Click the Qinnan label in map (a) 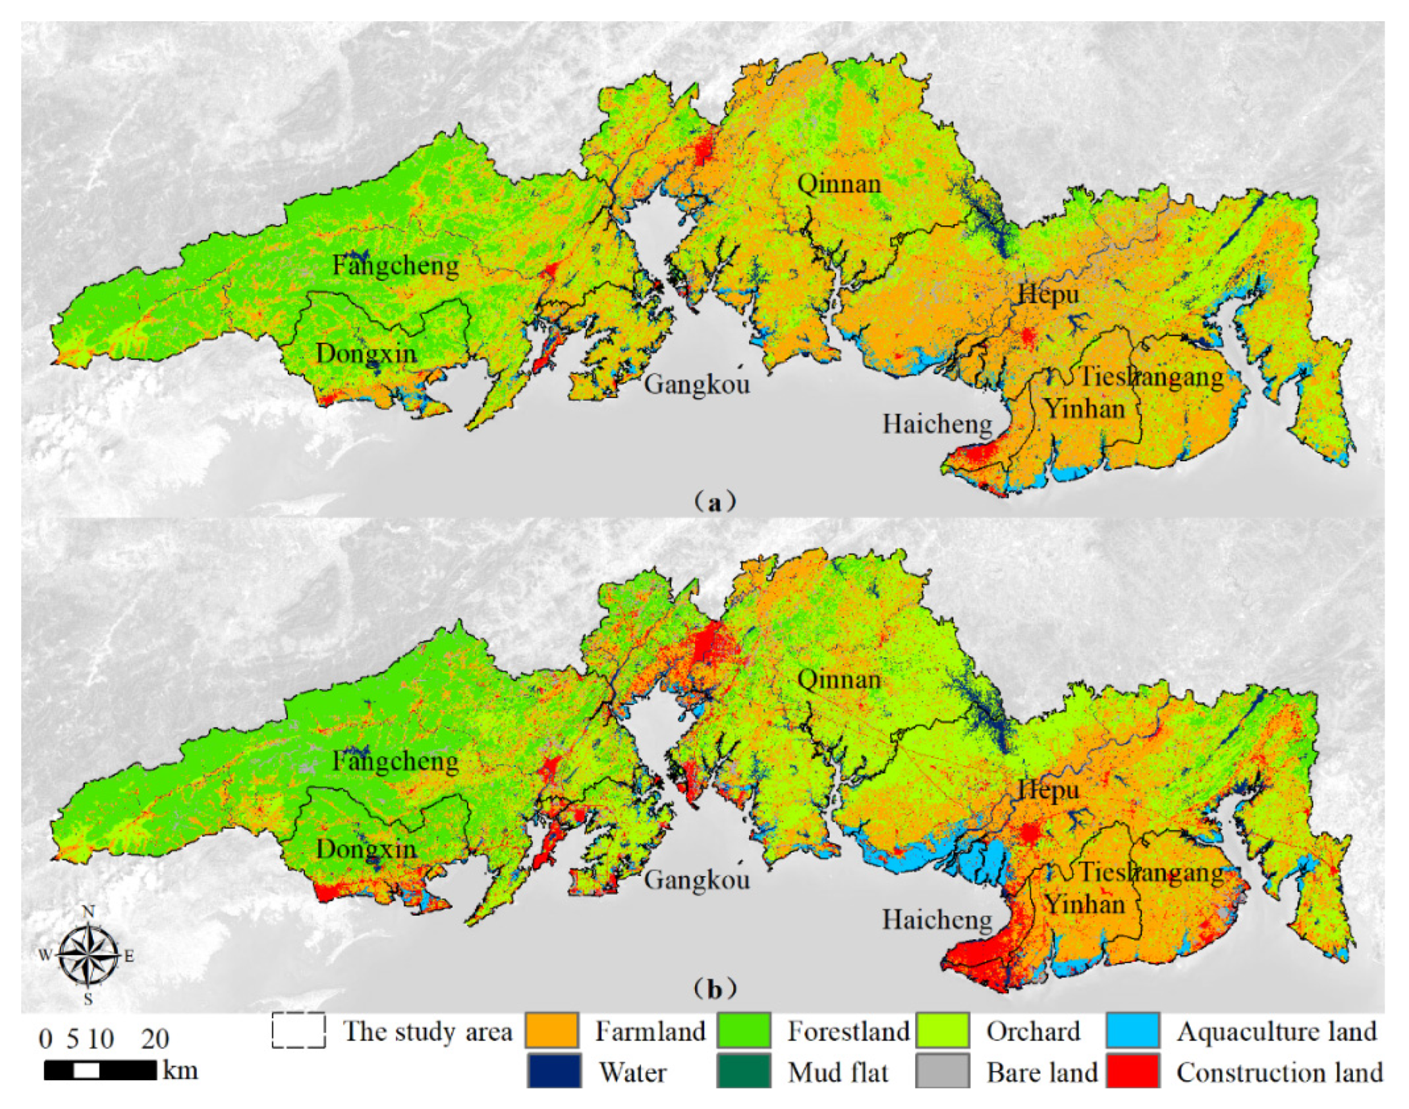pyautogui.click(x=839, y=185)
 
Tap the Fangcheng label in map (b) pyautogui.click(x=396, y=761)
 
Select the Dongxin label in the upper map pyautogui.click(x=366, y=354)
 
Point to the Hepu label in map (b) pyautogui.click(x=1049, y=790)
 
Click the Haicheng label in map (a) pyautogui.click(x=937, y=425)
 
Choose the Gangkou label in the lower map pyautogui.click(x=697, y=880)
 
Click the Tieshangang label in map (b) pyautogui.click(x=1151, y=872)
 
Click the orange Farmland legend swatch pyautogui.click(x=552, y=1031)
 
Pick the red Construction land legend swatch pyautogui.click(x=1133, y=1072)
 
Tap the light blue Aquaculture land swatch pyautogui.click(x=1133, y=1031)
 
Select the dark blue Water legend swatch pyautogui.click(x=554, y=1072)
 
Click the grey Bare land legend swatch pyautogui.click(x=942, y=1072)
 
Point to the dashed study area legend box pyautogui.click(x=298, y=1031)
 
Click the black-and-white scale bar pyautogui.click(x=100, y=1070)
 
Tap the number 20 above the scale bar pyautogui.click(x=155, y=1040)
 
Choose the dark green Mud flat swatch pyautogui.click(x=744, y=1072)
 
